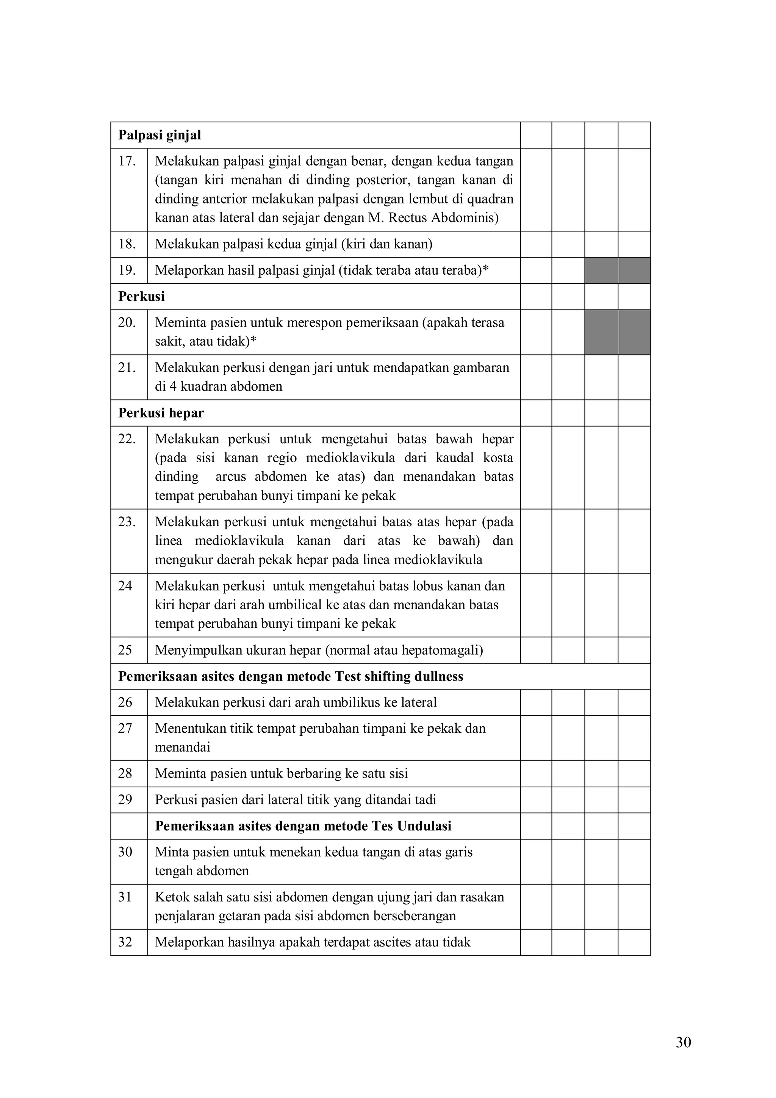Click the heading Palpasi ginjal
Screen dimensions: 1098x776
point(160,135)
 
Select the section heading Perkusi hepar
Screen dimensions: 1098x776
point(161,413)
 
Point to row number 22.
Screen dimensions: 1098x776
point(127,439)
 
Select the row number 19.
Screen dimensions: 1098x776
point(127,271)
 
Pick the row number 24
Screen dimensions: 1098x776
point(125,586)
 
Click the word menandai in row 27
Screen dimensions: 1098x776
point(183,748)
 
